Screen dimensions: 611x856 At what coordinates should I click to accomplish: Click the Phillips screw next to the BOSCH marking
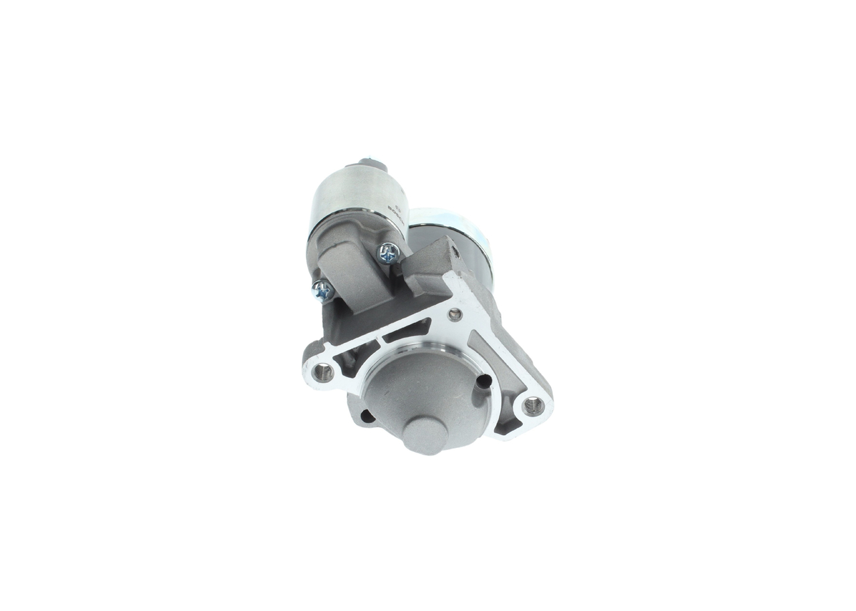[389, 253]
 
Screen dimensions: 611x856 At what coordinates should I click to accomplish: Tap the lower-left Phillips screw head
[322, 289]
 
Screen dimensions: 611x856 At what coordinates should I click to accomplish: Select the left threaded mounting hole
[323, 372]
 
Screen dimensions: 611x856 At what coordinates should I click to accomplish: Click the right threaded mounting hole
[532, 404]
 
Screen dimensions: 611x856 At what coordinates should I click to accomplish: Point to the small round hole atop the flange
[455, 314]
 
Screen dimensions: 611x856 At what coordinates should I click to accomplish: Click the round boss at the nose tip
[425, 435]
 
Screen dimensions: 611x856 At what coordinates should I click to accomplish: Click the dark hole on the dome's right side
[484, 382]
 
